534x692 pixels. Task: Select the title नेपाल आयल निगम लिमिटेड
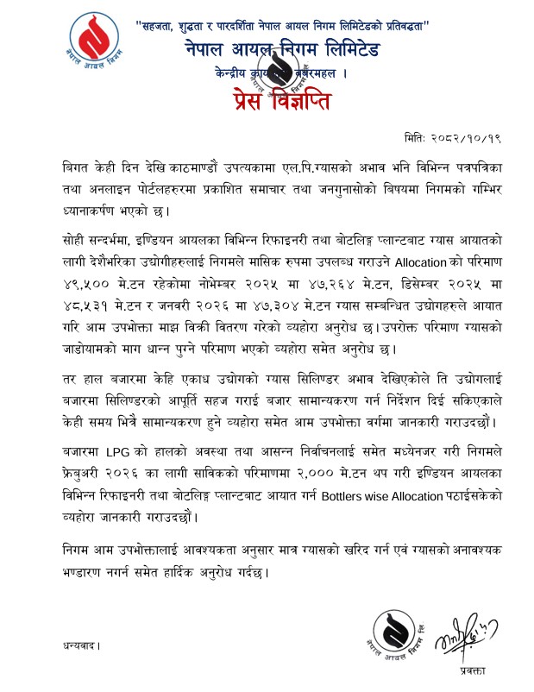[282, 52]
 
